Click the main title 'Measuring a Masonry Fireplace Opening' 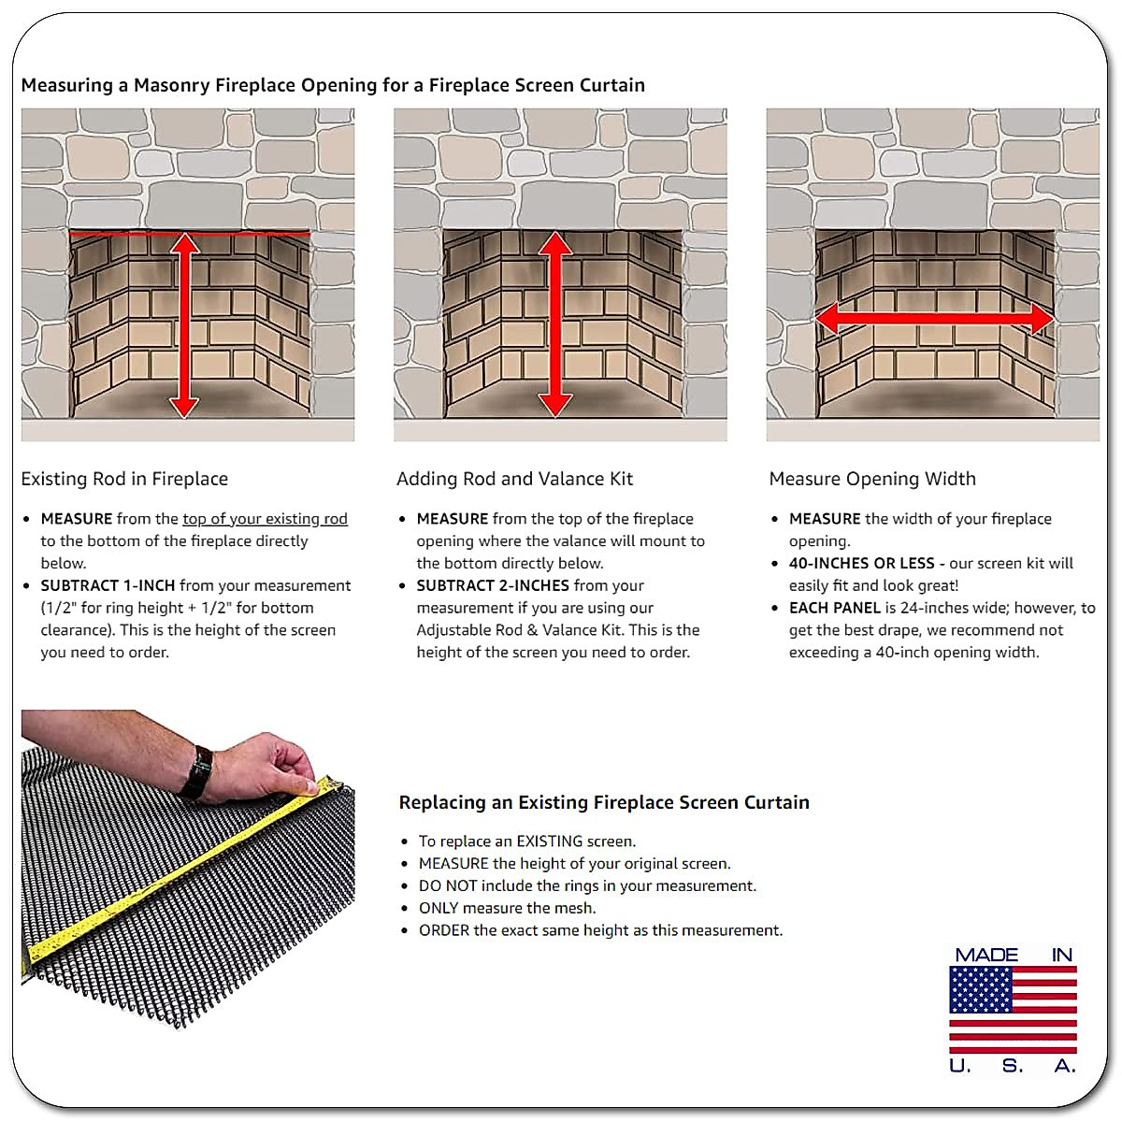click(332, 85)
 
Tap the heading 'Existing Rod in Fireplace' click(124, 479)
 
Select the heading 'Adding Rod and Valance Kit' click(514, 479)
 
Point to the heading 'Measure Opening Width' click(871, 479)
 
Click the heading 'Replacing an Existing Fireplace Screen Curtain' click(603, 802)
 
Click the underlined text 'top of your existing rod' click(265, 519)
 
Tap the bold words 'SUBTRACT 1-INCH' click(108, 585)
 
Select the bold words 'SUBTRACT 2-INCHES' click(493, 585)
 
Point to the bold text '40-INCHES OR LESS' click(861, 563)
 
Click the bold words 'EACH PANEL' click(835, 608)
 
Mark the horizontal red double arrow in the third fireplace click(933, 320)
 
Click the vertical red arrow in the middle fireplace click(555, 324)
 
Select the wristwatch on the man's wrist click(198, 772)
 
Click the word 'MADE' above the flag click(986, 955)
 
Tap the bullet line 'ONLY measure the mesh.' click(506, 908)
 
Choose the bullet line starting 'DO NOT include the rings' click(586, 885)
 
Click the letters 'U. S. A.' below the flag click(1013, 1066)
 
